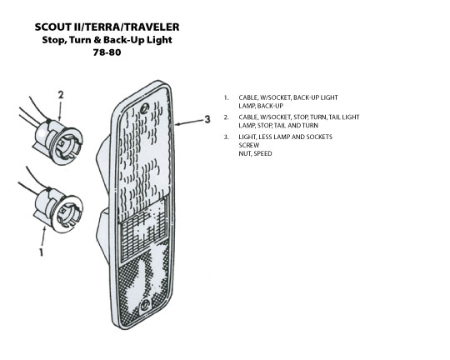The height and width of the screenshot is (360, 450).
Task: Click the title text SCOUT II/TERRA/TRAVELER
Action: pos(107,27)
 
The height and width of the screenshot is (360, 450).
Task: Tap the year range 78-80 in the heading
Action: pos(107,52)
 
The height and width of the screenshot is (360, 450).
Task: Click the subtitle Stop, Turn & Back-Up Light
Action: pos(107,40)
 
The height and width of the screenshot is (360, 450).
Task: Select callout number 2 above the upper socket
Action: pos(61,95)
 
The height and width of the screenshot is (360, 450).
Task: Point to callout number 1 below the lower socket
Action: pos(42,252)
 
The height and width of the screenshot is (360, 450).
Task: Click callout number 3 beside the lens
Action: pos(207,119)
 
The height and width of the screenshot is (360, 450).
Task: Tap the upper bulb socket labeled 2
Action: pos(58,142)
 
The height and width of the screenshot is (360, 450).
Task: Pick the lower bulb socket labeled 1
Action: pos(58,209)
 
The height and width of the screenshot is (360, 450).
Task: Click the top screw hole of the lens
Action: pos(145,108)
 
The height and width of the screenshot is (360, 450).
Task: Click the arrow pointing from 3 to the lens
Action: pos(188,122)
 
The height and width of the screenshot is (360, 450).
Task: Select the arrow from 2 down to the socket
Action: pos(60,111)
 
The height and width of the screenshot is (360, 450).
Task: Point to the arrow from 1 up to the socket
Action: pos(43,236)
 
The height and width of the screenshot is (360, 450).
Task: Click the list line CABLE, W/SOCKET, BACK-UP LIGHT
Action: pos(288,97)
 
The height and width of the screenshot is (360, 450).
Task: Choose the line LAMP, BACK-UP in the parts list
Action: pos(261,106)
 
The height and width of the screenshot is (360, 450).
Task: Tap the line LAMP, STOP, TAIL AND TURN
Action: pos(278,126)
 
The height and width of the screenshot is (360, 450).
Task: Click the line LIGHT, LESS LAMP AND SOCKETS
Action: pos(286,137)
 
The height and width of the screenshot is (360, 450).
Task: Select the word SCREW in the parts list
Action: pos(249,145)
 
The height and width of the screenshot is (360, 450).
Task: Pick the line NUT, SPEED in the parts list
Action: pos(255,153)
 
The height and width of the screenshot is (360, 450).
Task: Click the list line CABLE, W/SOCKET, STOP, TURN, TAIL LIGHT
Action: pos(299,117)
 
